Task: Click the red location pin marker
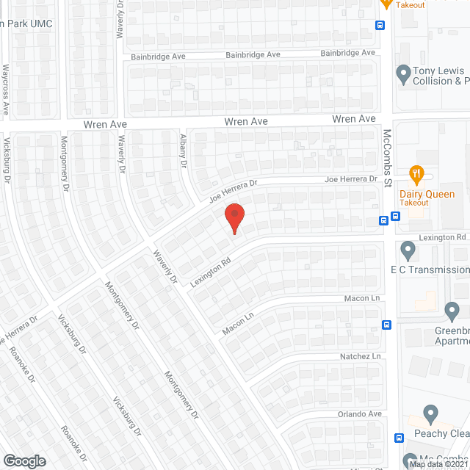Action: pyautogui.click(x=234, y=218)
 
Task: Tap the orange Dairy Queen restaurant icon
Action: pyautogui.click(x=417, y=174)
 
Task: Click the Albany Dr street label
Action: pyautogui.click(x=184, y=151)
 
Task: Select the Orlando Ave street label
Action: pyautogui.click(x=359, y=414)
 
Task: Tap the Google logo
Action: pyautogui.click(x=23, y=460)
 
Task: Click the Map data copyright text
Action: pyautogui.click(x=438, y=464)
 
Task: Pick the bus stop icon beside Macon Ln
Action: pyautogui.click(x=387, y=325)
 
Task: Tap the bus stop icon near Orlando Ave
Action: pyautogui.click(x=399, y=438)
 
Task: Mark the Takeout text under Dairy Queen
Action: pyautogui.click(x=413, y=203)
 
